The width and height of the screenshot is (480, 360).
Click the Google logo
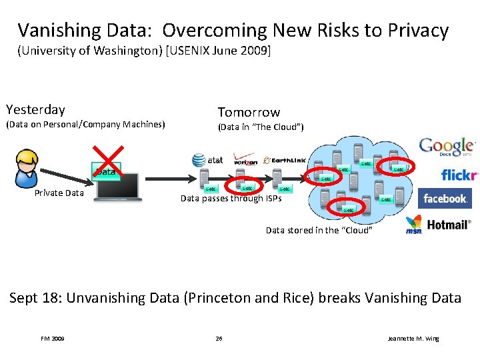[446, 147]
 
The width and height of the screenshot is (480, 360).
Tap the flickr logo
[459, 175]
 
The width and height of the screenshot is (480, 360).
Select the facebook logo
[445, 199]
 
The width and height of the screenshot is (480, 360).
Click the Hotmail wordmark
[449, 225]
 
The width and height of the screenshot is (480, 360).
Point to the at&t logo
[208, 160]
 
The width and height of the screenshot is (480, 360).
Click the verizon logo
[245, 159]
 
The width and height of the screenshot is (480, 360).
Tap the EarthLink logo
[285, 160]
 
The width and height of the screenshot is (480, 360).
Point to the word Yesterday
[35, 109]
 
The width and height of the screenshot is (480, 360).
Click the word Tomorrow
[249, 112]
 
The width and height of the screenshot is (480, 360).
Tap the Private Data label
[59, 193]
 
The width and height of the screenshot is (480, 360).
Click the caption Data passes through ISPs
[231, 198]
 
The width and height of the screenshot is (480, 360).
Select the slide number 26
[219, 339]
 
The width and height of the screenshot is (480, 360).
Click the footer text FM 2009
[53, 339]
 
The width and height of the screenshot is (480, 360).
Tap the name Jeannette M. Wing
[413, 339]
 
